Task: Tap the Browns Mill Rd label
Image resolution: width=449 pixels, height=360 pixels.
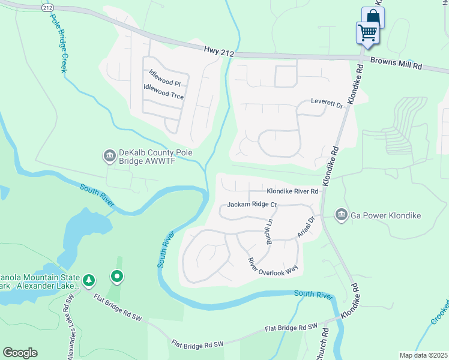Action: click(396, 62)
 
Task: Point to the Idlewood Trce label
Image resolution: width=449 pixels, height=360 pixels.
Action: click(163, 91)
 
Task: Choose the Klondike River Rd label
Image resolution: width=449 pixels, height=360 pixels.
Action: click(292, 191)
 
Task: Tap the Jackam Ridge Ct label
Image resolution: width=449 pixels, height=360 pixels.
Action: click(252, 205)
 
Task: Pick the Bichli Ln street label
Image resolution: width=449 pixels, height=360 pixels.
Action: click(270, 231)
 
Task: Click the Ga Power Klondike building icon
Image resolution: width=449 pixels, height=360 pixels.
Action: click(341, 214)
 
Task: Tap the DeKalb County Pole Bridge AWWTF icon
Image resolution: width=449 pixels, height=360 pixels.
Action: click(109, 157)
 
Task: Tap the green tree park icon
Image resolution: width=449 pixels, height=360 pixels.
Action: click(89, 280)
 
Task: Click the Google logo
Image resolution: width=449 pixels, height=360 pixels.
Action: click(20, 353)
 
